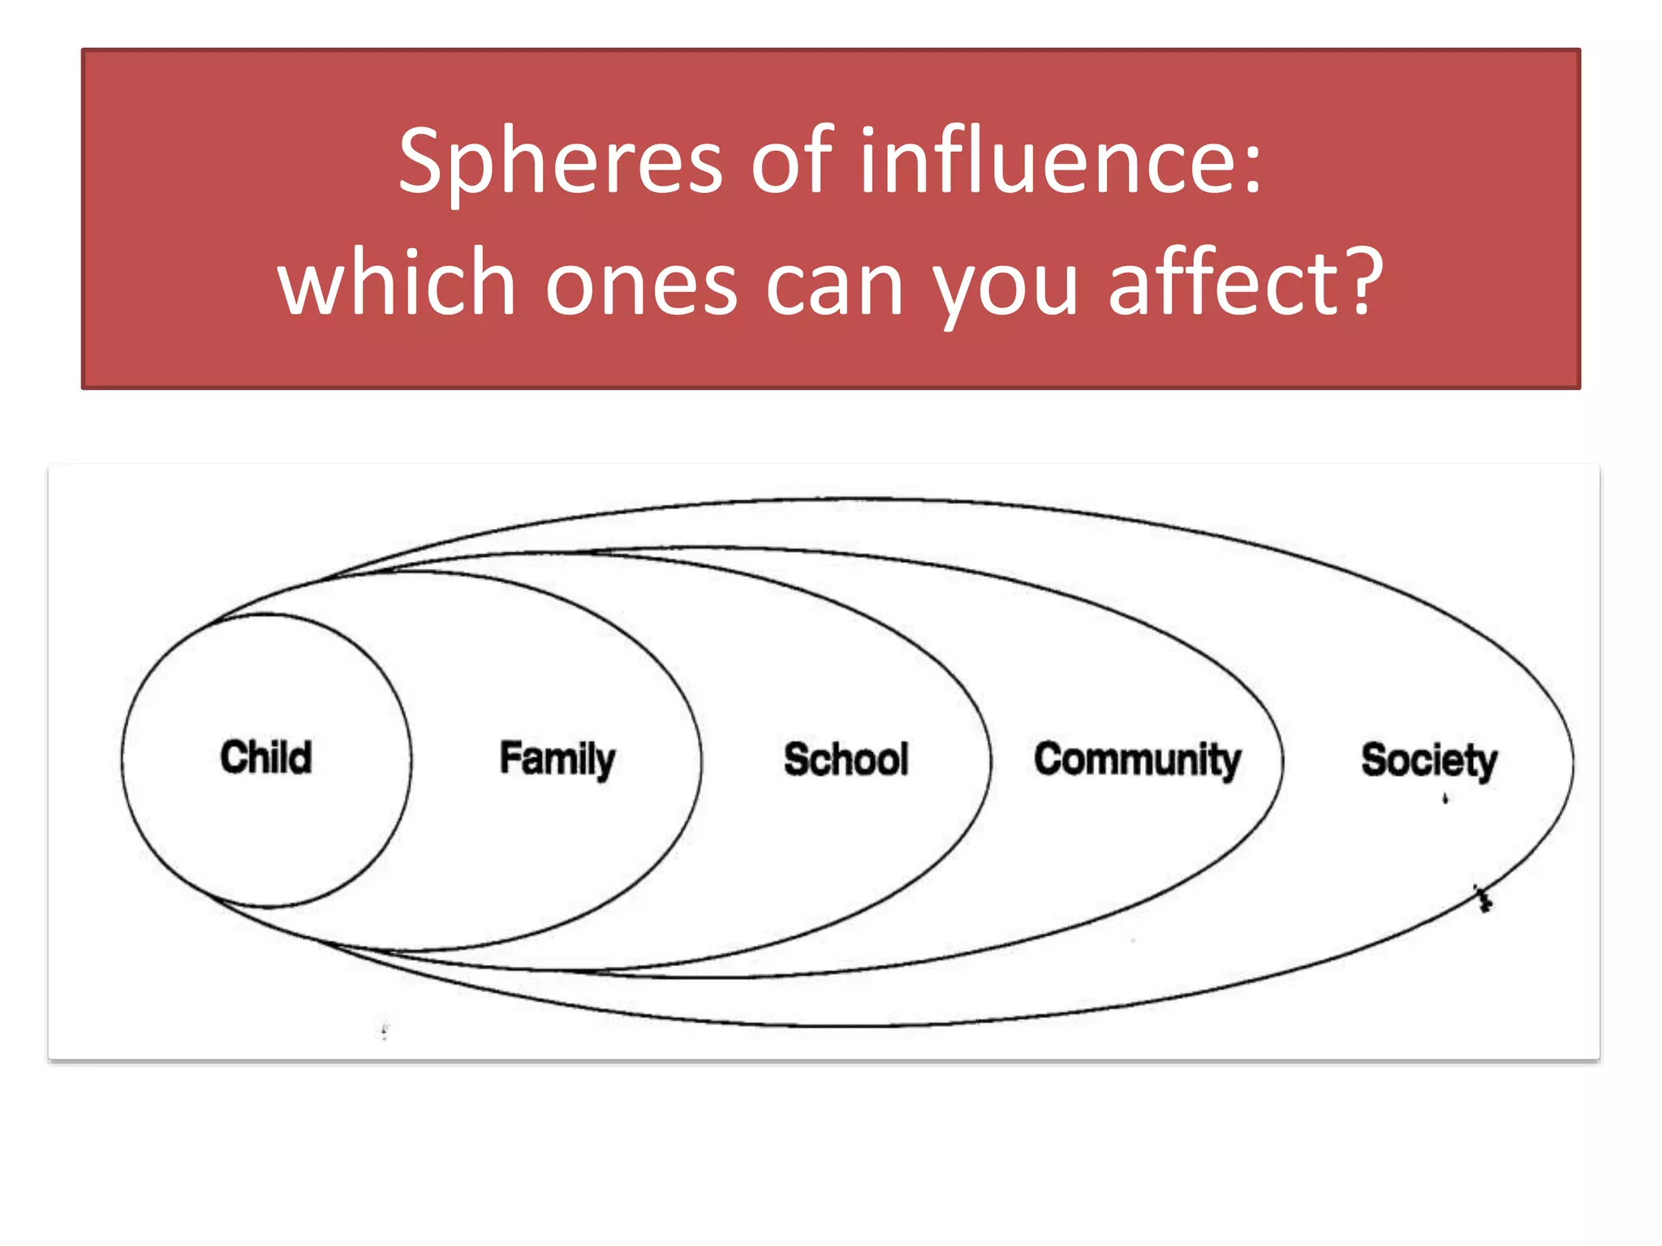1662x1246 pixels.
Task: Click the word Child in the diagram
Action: pyautogui.click(x=265, y=758)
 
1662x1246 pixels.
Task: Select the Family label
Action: pyautogui.click(x=557, y=760)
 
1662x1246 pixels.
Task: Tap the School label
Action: pyautogui.click(x=846, y=760)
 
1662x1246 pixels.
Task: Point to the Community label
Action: pyautogui.click(x=1137, y=761)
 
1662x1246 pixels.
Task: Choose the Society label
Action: pyautogui.click(x=1428, y=761)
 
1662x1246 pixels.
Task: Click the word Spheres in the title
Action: pyautogui.click(x=560, y=162)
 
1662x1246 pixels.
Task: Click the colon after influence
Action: pyautogui.click(x=1254, y=167)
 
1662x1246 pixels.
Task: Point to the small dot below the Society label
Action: pyautogui.click(x=1445, y=799)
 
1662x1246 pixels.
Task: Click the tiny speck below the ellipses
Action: pyautogui.click(x=385, y=1031)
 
